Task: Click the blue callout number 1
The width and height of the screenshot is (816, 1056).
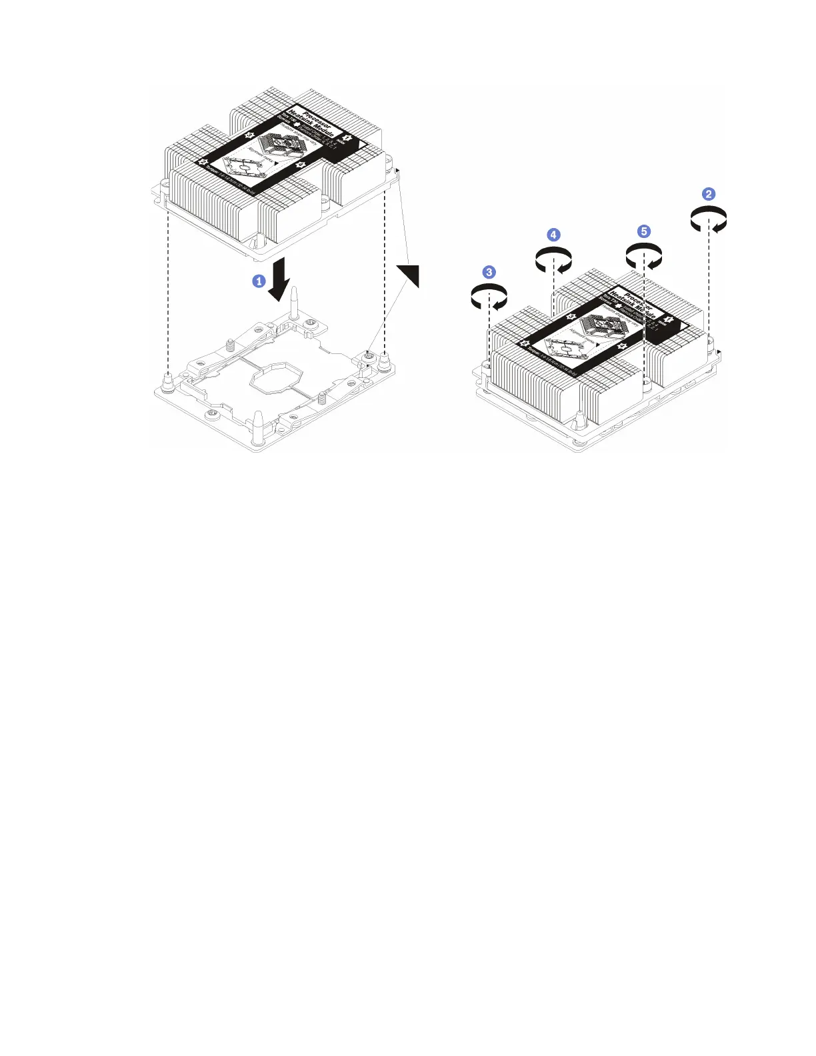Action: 259,281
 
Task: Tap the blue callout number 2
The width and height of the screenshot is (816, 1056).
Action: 709,194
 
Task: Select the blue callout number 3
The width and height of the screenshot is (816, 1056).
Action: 489,272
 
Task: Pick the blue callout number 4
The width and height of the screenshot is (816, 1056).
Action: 553,235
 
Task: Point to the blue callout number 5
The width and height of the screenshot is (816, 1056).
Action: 643,231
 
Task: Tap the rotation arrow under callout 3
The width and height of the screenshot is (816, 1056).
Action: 489,297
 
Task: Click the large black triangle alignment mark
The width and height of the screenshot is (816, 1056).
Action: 409,275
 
